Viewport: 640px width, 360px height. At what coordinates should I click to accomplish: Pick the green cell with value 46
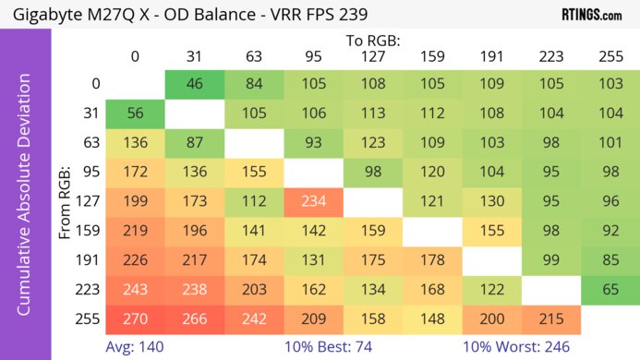[195, 84]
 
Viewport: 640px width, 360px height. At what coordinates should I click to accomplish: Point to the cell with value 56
[135, 114]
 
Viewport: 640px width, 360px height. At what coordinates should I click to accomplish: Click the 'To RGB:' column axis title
[373, 41]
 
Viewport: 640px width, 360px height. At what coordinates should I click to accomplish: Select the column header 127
[373, 57]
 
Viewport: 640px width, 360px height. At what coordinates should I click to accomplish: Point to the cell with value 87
[195, 143]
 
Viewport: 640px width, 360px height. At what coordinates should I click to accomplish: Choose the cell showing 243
[135, 290]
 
